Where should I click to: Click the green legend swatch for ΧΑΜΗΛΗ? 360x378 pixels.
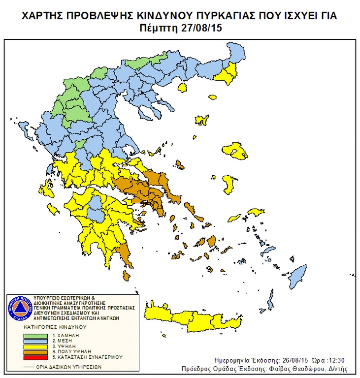(36, 335)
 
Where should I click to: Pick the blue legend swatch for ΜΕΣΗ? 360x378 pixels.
(36, 341)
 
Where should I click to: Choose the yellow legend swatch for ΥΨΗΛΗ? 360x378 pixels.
(36, 346)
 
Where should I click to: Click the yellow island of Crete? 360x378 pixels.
(197, 317)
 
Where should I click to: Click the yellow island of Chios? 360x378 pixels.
(229, 184)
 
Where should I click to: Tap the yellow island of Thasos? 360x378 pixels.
(183, 88)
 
